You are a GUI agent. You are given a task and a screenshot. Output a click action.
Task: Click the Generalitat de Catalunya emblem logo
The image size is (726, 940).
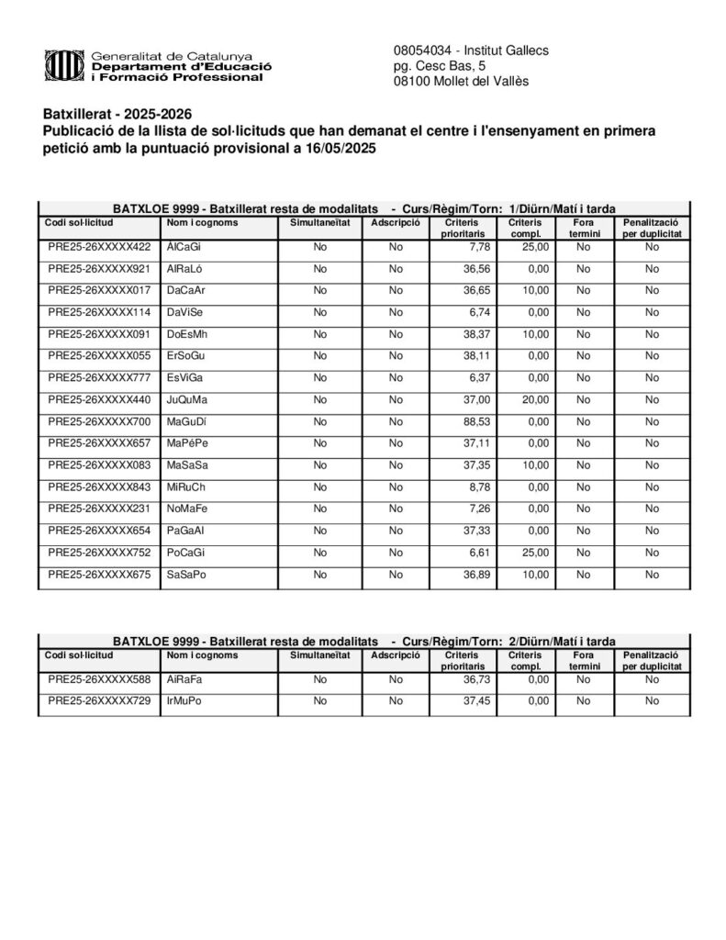pyautogui.click(x=63, y=66)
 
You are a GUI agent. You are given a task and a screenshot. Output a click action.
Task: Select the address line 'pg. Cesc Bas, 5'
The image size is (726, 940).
pyautogui.click(x=440, y=66)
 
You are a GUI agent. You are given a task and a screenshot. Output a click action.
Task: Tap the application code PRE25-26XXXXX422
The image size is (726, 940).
pyautogui.click(x=99, y=247)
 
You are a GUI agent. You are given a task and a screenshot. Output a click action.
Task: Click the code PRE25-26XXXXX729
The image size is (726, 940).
pyautogui.click(x=99, y=701)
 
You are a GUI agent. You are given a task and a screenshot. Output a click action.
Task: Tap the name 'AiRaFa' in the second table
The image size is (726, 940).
pyautogui.click(x=184, y=679)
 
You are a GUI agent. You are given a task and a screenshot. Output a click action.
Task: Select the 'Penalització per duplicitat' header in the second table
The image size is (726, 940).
pyautogui.click(x=652, y=661)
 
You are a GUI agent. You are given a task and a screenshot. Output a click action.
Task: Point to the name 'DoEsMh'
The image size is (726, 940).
pyautogui.click(x=188, y=334)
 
